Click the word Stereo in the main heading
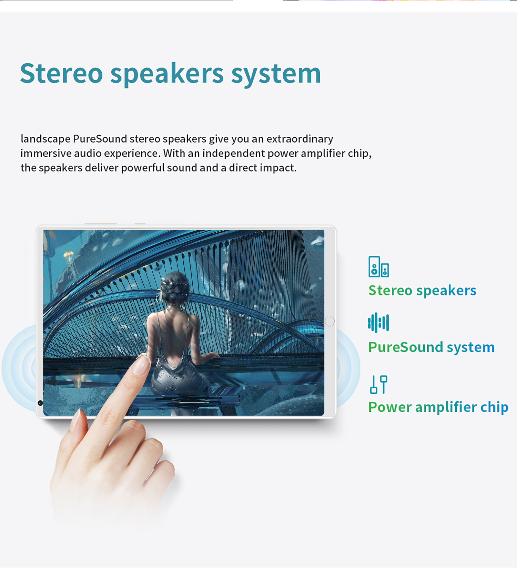pos(61,73)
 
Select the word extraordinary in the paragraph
pos(300,139)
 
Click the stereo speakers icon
pos(378,266)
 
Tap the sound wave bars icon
pos(378,323)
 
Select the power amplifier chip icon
pos(378,385)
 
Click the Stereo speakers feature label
pos(422,291)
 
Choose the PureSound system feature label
pos(431,347)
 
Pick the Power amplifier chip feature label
pos(438,407)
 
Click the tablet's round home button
pos(330,321)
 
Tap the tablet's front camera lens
pos(40,403)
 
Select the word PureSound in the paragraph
pos(100,139)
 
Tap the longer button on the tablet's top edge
pos(101,224)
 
